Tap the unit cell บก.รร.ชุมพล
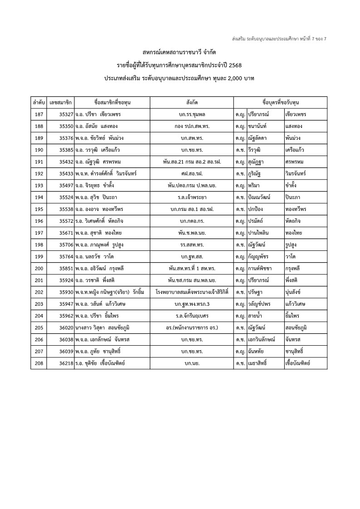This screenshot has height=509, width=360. point(191,114)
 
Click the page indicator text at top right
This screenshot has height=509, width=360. point(279,39)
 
